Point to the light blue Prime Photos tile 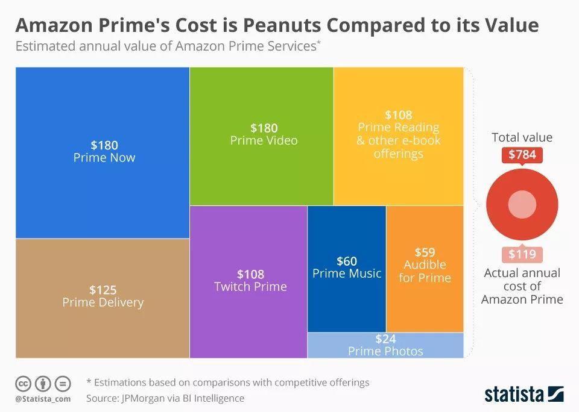coord(385,346)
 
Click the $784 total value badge coord(522,155)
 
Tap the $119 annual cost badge coord(522,254)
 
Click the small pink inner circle coord(522,205)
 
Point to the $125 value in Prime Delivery coord(103,290)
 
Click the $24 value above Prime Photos coord(385,339)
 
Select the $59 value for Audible coord(425,252)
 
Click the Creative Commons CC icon coord(23,383)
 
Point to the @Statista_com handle coord(43,399)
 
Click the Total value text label coord(522,137)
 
